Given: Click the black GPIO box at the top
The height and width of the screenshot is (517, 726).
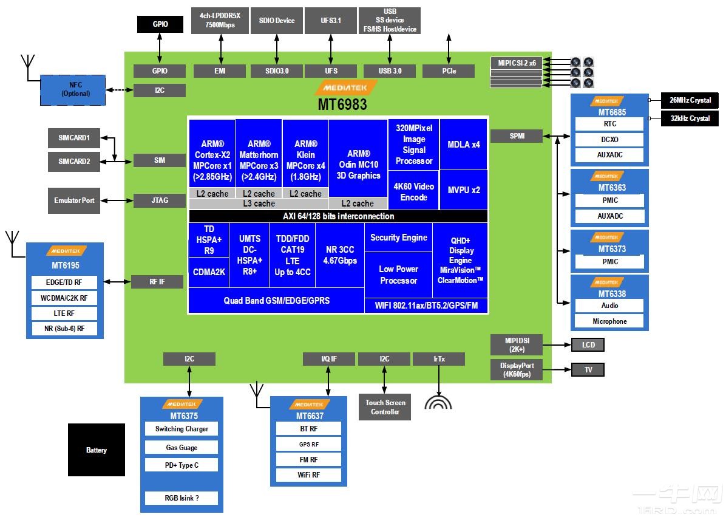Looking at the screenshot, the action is (160, 24).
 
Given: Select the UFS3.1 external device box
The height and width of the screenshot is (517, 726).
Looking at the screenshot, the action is (331, 21).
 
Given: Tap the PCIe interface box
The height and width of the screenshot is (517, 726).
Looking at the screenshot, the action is (449, 71).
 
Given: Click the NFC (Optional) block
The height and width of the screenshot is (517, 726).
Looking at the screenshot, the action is (73, 90).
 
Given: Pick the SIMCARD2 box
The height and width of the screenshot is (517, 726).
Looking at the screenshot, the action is (74, 162).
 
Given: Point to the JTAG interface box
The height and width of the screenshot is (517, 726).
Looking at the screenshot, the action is (160, 200).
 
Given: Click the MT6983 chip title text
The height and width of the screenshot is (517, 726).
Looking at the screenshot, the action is (342, 104).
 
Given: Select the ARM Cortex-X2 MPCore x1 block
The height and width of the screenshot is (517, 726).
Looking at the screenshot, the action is (212, 160).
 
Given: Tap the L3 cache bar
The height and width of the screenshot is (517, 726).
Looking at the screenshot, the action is (259, 204).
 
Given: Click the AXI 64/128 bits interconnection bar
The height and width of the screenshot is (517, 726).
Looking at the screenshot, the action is (339, 216).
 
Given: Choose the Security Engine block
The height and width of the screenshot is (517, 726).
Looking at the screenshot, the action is (399, 238).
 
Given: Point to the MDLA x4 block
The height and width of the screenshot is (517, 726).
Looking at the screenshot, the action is (464, 145).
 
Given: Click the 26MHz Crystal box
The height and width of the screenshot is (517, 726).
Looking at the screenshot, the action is (690, 100).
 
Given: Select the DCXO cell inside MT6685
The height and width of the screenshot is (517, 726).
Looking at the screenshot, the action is (609, 140).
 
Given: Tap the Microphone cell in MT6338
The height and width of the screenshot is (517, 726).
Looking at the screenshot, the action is (609, 321).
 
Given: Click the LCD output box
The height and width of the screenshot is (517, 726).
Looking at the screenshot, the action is (588, 344).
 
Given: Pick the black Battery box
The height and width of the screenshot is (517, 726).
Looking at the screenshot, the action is (97, 450).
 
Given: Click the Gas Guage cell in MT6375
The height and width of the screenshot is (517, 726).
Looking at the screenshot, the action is (181, 448).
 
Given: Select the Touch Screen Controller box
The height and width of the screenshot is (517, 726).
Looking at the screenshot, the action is (385, 407).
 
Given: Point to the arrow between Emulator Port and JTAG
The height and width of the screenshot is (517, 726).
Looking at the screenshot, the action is (117, 200).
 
